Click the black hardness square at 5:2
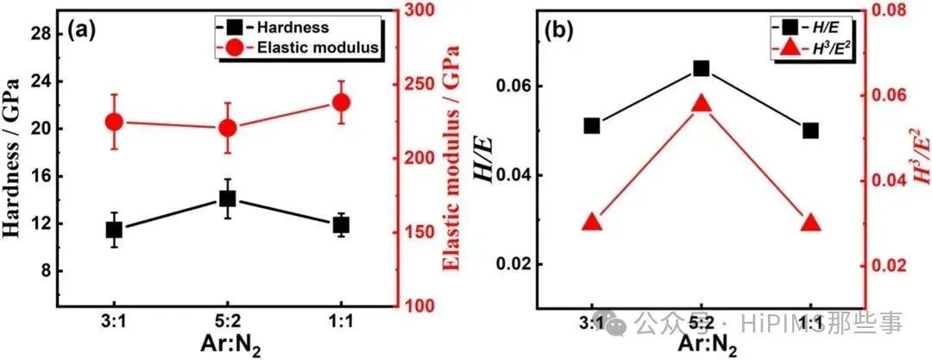pyautogui.click(x=228, y=199)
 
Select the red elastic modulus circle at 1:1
pyautogui.click(x=341, y=103)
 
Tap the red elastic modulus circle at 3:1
pyautogui.click(x=115, y=123)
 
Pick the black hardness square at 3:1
pyautogui.click(x=115, y=230)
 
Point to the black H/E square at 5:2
pyautogui.click(x=701, y=68)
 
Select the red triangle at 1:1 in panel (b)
pyautogui.click(x=810, y=223)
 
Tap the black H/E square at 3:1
pyautogui.click(x=592, y=126)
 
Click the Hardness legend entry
pyautogui.click(x=293, y=28)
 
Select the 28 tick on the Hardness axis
pyautogui.click(x=41, y=34)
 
